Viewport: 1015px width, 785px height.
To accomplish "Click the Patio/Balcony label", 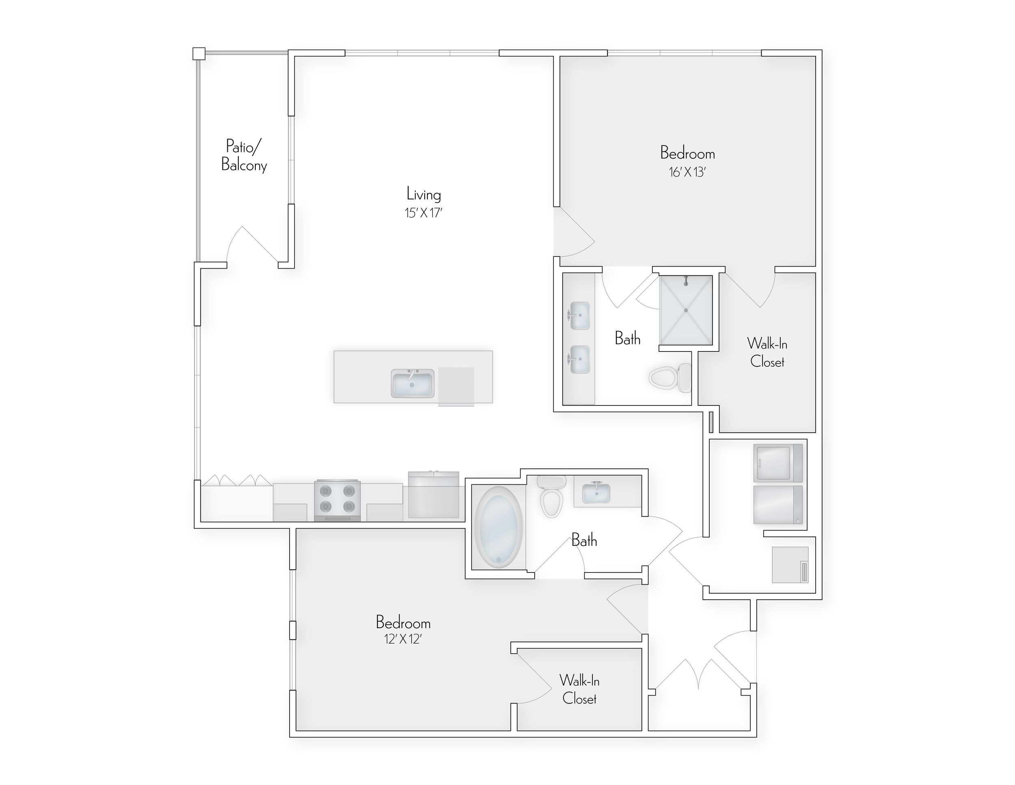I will (x=244, y=155).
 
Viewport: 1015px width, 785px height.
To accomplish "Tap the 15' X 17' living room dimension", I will (x=423, y=213).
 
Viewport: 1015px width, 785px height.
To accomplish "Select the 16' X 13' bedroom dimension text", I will (x=687, y=172).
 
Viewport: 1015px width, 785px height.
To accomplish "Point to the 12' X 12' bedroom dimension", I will (x=402, y=639).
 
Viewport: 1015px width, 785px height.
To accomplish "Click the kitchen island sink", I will (x=412, y=383).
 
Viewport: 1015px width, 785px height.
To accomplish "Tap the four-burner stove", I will (x=337, y=500).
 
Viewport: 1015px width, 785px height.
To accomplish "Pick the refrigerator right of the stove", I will (x=434, y=496).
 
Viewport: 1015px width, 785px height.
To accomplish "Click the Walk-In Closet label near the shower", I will (x=767, y=353).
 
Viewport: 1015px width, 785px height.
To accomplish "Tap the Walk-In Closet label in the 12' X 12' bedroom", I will (x=579, y=689).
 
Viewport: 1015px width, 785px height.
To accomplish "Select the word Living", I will (x=423, y=194).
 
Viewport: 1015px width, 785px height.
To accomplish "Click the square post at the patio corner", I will (x=199, y=54).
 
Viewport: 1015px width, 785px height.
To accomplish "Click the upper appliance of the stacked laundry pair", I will (x=777, y=463).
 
